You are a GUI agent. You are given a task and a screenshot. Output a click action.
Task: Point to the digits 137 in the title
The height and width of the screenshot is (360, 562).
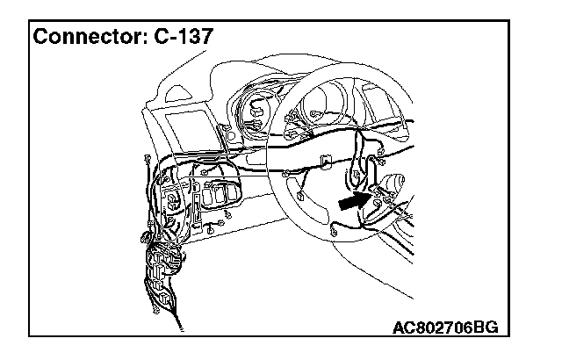(191, 38)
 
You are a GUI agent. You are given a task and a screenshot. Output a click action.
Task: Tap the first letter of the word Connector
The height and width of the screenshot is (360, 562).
(40, 38)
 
